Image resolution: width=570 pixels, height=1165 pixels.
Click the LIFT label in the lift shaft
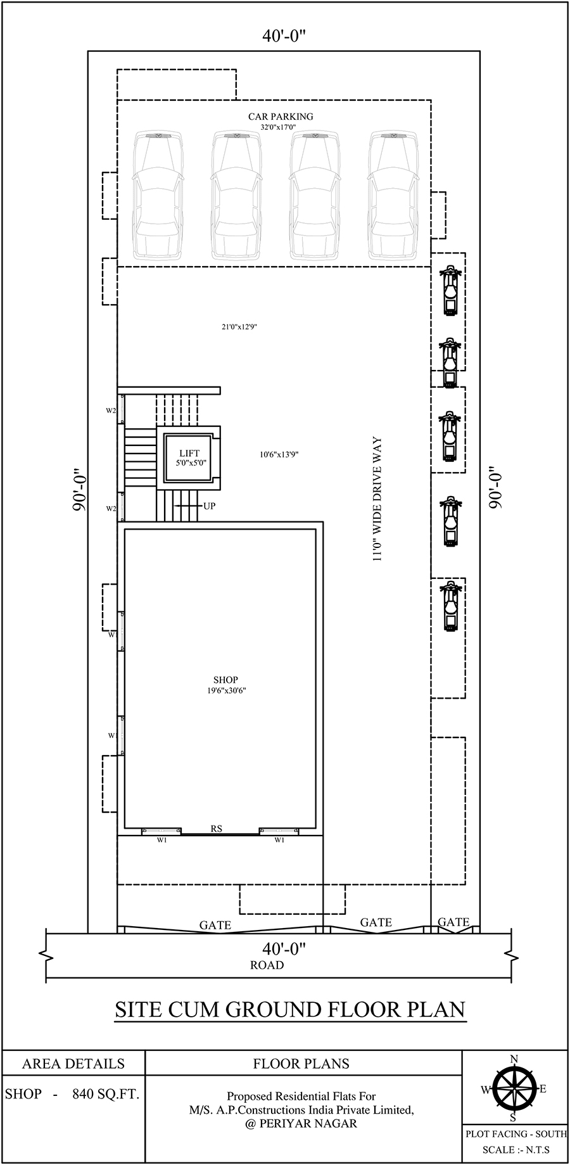(x=189, y=453)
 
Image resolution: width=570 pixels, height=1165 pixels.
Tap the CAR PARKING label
(x=281, y=117)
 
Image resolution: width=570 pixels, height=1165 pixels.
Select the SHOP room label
(x=225, y=680)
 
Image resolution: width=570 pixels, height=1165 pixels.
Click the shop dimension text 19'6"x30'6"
(x=226, y=691)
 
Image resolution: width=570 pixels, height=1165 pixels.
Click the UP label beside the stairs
(x=209, y=506)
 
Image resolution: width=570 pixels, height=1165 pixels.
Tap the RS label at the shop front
(x=217, y=828)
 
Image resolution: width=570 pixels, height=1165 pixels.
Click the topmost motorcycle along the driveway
(x=450, y=291)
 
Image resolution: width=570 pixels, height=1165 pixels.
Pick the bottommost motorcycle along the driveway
(x=450, y=606)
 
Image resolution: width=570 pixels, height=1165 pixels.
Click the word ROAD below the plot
(x=267, y=965)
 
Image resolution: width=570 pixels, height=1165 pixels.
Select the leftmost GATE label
(x=215, y=926)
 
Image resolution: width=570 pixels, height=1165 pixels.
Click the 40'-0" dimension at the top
(x=284, y=37)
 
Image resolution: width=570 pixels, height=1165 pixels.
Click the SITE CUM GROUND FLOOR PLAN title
(x=290, y=1009)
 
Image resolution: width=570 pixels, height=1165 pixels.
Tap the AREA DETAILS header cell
(x=73, y=1064)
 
